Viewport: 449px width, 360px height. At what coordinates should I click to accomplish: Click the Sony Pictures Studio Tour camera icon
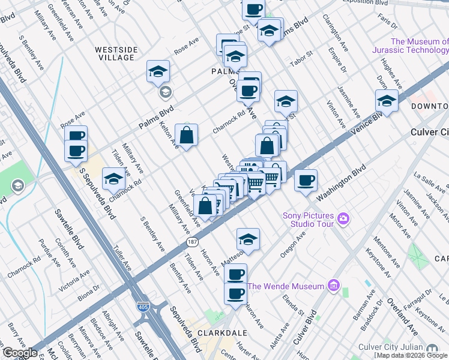(x=343, y=217)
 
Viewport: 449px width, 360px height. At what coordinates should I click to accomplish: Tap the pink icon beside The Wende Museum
(x=334, y=286)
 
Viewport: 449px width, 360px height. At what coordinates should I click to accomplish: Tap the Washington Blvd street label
(x=342, y=184)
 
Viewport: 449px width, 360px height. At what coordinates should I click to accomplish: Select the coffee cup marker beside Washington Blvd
(x=306, y=180)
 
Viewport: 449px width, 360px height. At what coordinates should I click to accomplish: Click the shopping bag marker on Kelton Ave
(x=187, y=135)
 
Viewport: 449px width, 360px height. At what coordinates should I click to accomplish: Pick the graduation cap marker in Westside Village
(x=158, y=72)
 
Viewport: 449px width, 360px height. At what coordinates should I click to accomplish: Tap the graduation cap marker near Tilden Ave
(x=113, y=178)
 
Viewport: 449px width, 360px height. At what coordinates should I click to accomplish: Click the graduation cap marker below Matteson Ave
(x=248, y=239)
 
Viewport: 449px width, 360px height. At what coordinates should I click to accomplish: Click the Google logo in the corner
(x=20, y=353)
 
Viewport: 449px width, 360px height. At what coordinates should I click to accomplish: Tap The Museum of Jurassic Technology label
(x=418, y=46)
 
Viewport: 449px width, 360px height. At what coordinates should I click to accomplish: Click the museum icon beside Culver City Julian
(x=432, y=348)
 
